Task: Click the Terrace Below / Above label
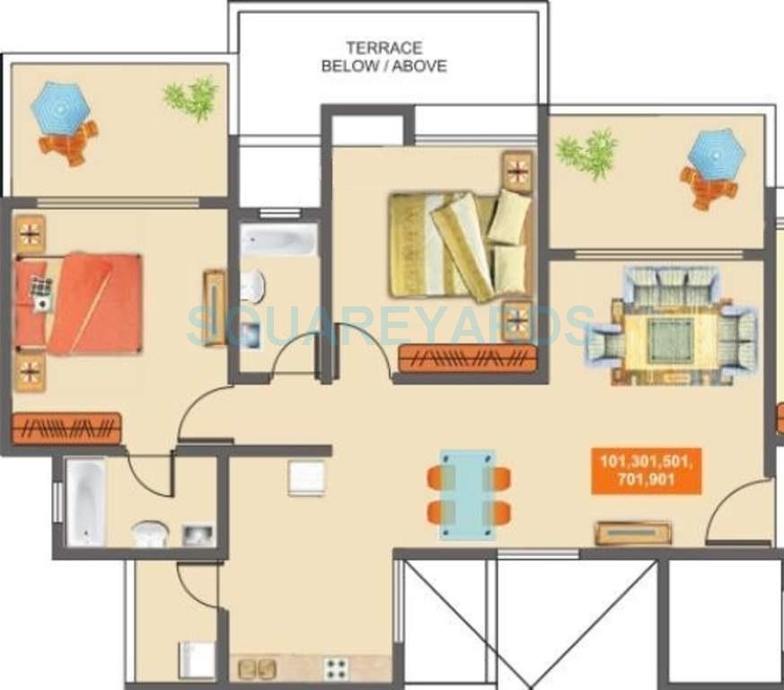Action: [384, 57]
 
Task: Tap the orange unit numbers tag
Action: [646, 472]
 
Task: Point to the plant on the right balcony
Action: [586, 152]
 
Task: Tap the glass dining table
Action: [467, 493]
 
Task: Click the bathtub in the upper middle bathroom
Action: [278, 240]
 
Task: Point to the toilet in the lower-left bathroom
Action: [150, 534]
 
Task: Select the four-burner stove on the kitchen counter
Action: [336, 668]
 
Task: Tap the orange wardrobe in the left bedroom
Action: [66, 428]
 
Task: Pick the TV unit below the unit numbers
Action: [633, 533]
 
